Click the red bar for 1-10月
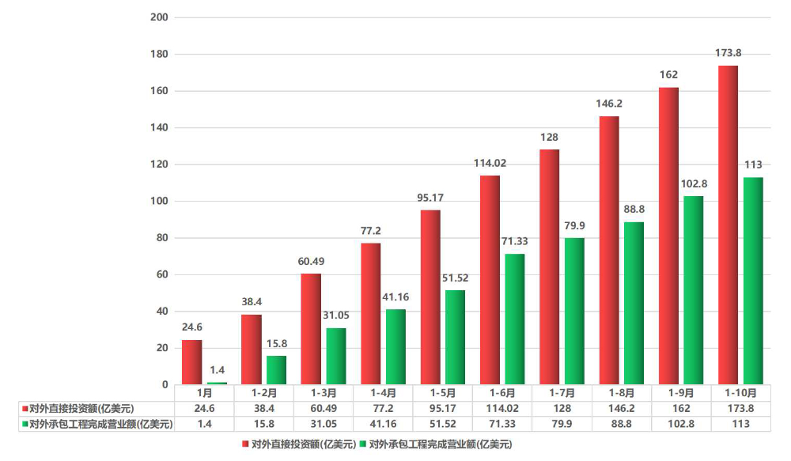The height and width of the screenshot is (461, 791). [728, 225]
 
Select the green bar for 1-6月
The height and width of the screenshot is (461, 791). [514, 319]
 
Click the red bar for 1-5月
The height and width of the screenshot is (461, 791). [430, 297]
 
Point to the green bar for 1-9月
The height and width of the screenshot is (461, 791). [693, 290]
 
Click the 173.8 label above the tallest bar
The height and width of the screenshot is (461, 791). [728, 53]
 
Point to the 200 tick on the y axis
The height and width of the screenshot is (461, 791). [158, 17]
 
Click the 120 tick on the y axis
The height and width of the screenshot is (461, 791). [158, 164]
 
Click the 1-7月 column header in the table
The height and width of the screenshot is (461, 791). [560, 392]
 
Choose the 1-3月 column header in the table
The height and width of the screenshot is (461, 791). [323, 392]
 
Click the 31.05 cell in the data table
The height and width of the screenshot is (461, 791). [323, 424]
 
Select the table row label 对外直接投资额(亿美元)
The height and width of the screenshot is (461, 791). [81, 408]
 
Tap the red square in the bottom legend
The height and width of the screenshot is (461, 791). [244, 444]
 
